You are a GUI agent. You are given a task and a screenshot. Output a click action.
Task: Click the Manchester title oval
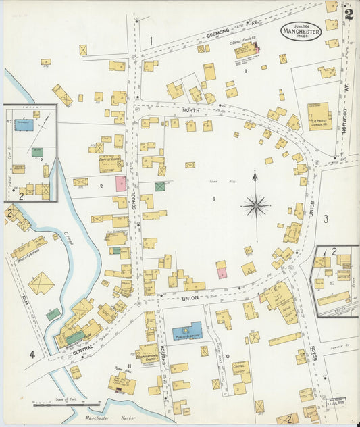tap(301, 30)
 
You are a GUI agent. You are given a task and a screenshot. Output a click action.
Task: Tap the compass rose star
tap(256, 204)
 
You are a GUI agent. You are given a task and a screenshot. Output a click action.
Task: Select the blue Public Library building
tap(187, 330)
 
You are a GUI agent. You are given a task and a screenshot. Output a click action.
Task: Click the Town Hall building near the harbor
tap(122, 384)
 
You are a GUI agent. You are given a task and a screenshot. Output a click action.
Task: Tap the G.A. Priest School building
tap(319, 116)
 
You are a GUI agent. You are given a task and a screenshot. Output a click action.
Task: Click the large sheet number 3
tap(325, 218)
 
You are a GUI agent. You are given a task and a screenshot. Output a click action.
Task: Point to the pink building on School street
tap(120, 183)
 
